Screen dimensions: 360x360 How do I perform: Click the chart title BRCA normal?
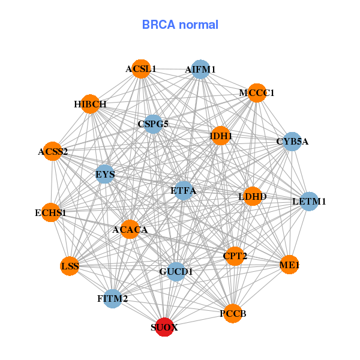(180, 25)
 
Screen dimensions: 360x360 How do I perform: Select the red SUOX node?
(164, 328)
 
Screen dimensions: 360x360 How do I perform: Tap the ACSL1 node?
(141, 69)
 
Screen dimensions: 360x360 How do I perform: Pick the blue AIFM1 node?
(200, 70)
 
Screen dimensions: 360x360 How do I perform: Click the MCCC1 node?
(256, 93)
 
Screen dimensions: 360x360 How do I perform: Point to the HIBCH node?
(90, 104)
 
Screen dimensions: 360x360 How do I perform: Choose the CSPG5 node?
(154, 124)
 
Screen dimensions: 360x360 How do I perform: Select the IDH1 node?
(221, 136)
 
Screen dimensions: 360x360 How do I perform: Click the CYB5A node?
(292, 142)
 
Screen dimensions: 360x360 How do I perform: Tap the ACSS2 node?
(53, 151)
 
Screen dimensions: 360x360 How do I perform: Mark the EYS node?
(105, 175)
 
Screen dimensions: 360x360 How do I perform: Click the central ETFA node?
(183, 191)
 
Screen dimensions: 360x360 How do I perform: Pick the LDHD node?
(253, 196)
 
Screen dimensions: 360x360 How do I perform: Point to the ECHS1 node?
(50, 212)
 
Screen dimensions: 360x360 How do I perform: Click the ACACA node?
(130, 229)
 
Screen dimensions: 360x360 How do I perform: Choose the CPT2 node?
(235, 256)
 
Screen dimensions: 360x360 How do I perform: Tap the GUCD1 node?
(176, 272)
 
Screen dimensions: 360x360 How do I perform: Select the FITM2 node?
(112, 298)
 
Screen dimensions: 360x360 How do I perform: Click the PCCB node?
(233, 313)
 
